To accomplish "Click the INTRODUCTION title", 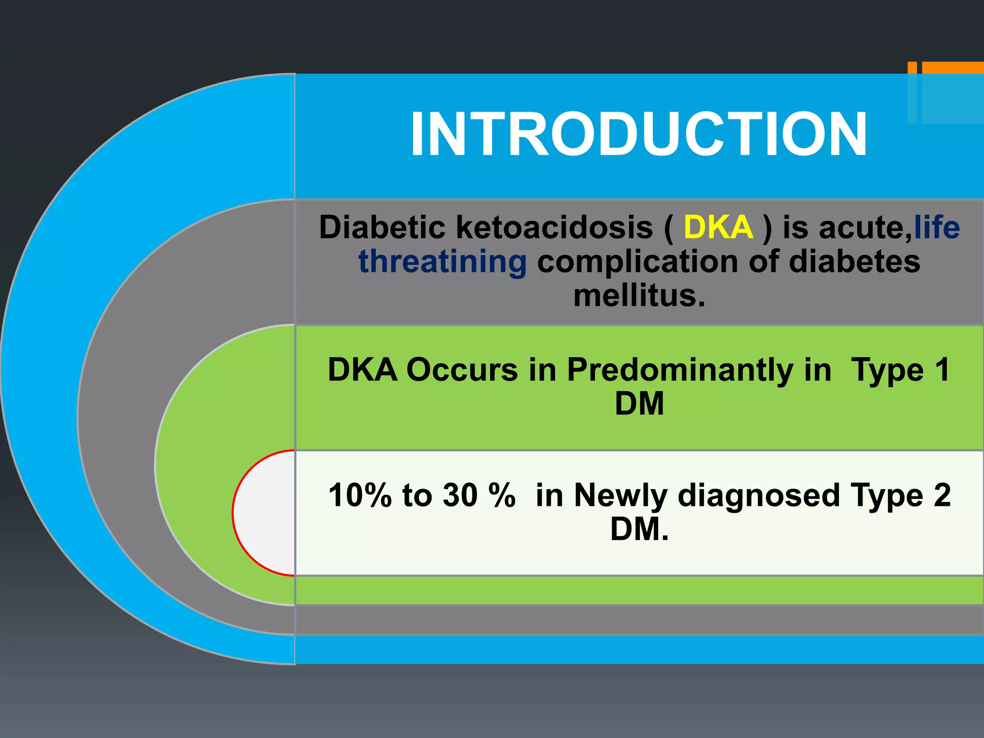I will [x=639, y=134].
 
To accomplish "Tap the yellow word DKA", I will [x=718, y=227].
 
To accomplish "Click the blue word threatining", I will [x=443, y=262].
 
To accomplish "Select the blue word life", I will [x=937, y=227].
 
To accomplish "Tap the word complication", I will [x=637, y=262].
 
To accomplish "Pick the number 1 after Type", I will [x=942, y=370].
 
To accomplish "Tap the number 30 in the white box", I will [x=460, y=495].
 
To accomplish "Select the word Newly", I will [x=620, y=495].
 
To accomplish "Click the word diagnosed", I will [x=759, y=495].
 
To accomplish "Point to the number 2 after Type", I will [x=942, y=495].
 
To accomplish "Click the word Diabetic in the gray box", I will [x=382, y=227].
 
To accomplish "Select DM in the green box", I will [x=639, y=404].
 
